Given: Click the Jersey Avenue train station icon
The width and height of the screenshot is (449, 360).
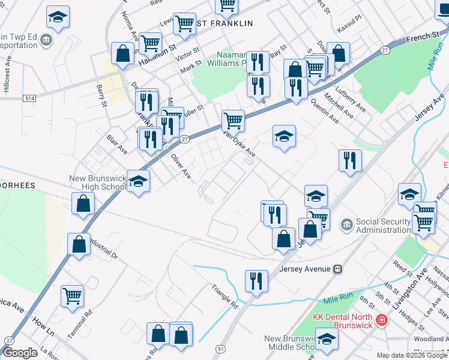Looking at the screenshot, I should [x=339, y=269].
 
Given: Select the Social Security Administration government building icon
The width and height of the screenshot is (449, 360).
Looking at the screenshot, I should [x=347, y=225].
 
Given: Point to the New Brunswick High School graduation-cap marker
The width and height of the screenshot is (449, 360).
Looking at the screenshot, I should [x=139, y=182].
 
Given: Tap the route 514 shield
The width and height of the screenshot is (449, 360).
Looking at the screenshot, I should [x=28, y=97].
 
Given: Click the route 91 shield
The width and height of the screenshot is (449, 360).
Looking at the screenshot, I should [x=221, y=349].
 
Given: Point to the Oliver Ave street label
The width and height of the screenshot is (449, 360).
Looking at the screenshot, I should [x=181, y=167].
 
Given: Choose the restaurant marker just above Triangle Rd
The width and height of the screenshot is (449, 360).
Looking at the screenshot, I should [x=256, y=280].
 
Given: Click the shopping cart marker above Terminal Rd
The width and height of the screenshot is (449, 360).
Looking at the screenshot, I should [x=73, y=295].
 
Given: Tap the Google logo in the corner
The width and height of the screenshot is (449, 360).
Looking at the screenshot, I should [x=20, y=353].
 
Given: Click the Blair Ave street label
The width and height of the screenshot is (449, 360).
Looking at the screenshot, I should [x=117, y=143].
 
